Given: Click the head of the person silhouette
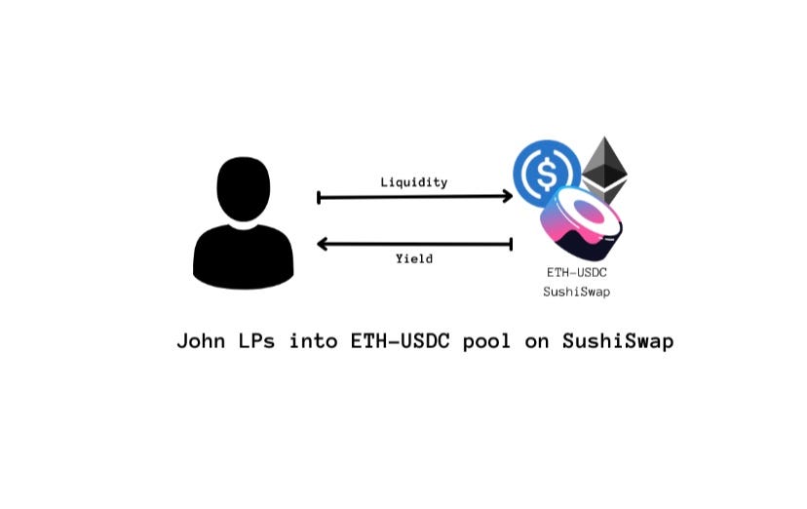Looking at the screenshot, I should tap(244, 188).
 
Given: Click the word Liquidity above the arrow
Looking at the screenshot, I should tap(414, 182).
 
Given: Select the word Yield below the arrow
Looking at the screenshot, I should tap(414, 258).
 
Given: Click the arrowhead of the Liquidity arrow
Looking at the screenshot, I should tap(507, 197).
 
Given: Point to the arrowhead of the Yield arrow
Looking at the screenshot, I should tap(323, 244).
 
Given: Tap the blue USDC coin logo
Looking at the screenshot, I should tap(547, 173).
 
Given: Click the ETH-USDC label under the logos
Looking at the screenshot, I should tap(577, 273).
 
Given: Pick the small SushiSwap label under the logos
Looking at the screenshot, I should tap(577, 292).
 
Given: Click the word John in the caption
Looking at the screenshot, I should tap(201, 341).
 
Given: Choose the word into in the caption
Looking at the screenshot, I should tap(313, 341).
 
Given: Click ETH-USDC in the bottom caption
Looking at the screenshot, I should tap(395, 341).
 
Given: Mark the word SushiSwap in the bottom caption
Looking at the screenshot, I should tap(618, 342).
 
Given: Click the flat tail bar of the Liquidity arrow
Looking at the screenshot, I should tap(319, 198).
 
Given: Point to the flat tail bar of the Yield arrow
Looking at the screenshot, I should tap(512, 244).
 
